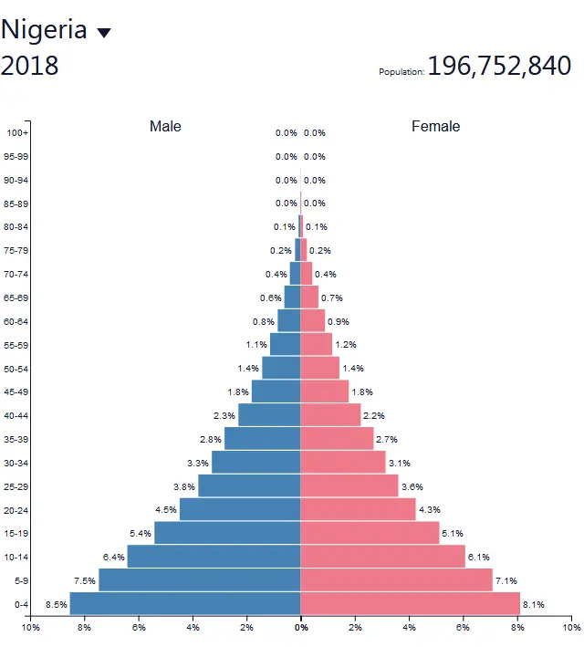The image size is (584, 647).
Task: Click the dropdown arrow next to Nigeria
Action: pos(104,33)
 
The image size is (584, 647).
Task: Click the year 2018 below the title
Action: pos(29,66)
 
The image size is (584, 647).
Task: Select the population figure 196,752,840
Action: pos(499,66)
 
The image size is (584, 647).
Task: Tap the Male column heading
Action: pos(165,126)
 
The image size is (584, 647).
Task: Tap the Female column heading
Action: pos(435,126)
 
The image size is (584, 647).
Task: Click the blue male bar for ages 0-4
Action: pos(184,603)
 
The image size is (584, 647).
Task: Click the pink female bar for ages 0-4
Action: pos(410,603)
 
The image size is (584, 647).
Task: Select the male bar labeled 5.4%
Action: pos(227,533)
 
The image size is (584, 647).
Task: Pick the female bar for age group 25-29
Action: pos(349,485)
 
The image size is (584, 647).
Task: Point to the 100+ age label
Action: pos(16,133)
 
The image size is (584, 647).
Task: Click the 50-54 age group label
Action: pos(16,369)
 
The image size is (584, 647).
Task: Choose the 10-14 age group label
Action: pos(16,557)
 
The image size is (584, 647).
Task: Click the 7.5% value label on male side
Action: pos(85,580)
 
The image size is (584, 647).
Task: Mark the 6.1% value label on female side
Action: pos(479,557)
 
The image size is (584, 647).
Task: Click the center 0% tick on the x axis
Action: pos(300,628)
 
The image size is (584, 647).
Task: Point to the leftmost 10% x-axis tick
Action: pos(30,628)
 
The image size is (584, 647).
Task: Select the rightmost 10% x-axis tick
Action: pos(570,628)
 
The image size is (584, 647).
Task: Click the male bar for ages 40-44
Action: pos(269,415)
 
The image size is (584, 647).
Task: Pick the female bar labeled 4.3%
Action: pos(358,509)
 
